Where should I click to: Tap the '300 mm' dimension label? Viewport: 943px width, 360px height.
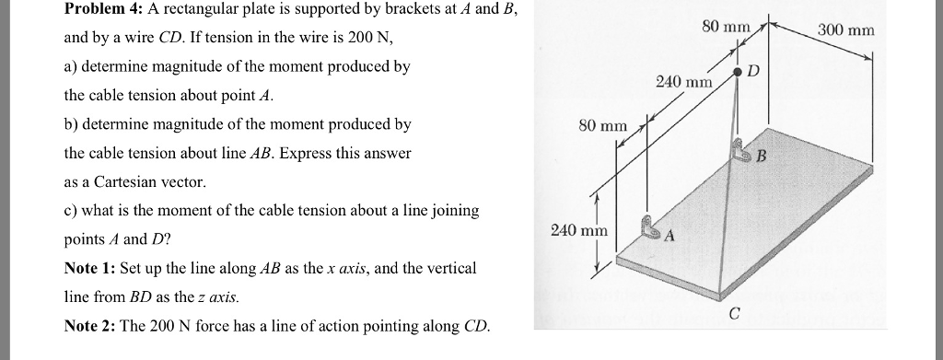click(845, 30)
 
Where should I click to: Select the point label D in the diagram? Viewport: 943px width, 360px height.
click(752, 71)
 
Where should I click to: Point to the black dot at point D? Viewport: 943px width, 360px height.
click(737, 71)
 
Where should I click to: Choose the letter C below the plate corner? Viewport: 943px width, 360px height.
click(734, 313)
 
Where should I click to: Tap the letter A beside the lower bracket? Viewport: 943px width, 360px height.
click(669, 237)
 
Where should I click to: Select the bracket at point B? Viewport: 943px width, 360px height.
click(739, 149)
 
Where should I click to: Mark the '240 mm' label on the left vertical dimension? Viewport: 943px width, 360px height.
click(578, 229)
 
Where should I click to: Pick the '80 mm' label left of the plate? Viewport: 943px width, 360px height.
click(602, 124)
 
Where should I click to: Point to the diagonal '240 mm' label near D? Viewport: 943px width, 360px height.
click(684, 82)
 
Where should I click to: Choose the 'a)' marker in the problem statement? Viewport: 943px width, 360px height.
click(72, 67)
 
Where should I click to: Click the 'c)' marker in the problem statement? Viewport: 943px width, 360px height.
click(72, 211)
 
